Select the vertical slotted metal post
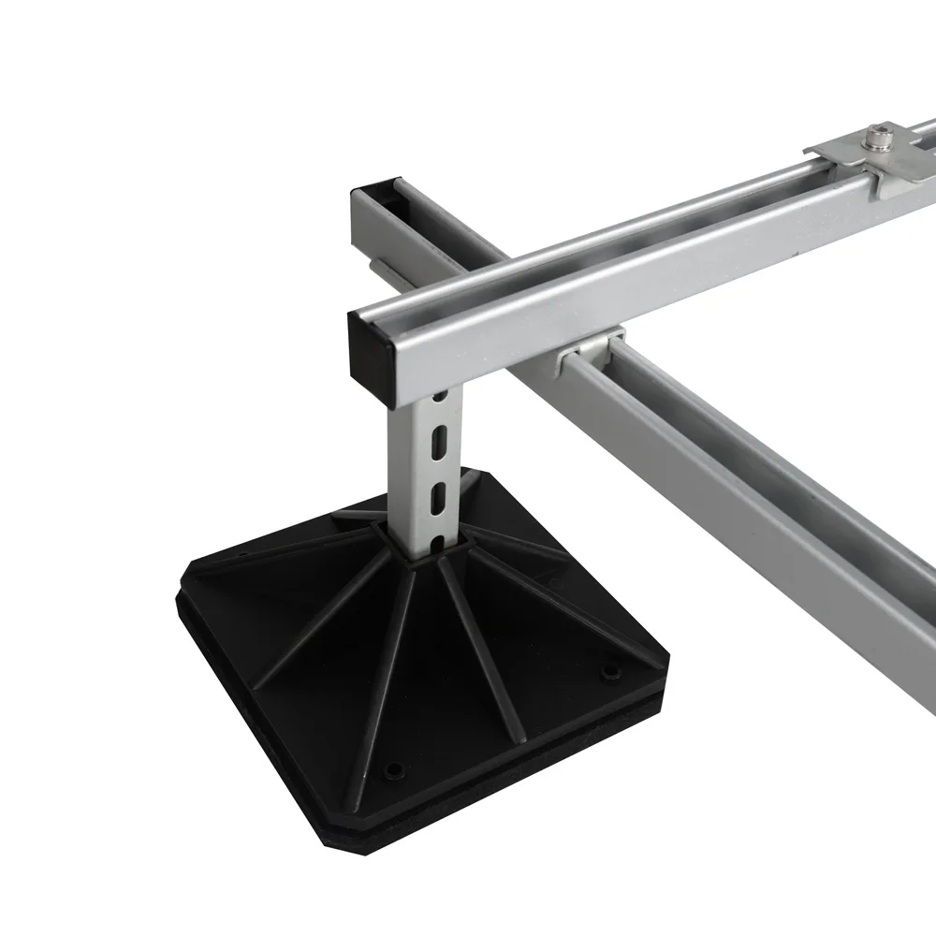(426, 468)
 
